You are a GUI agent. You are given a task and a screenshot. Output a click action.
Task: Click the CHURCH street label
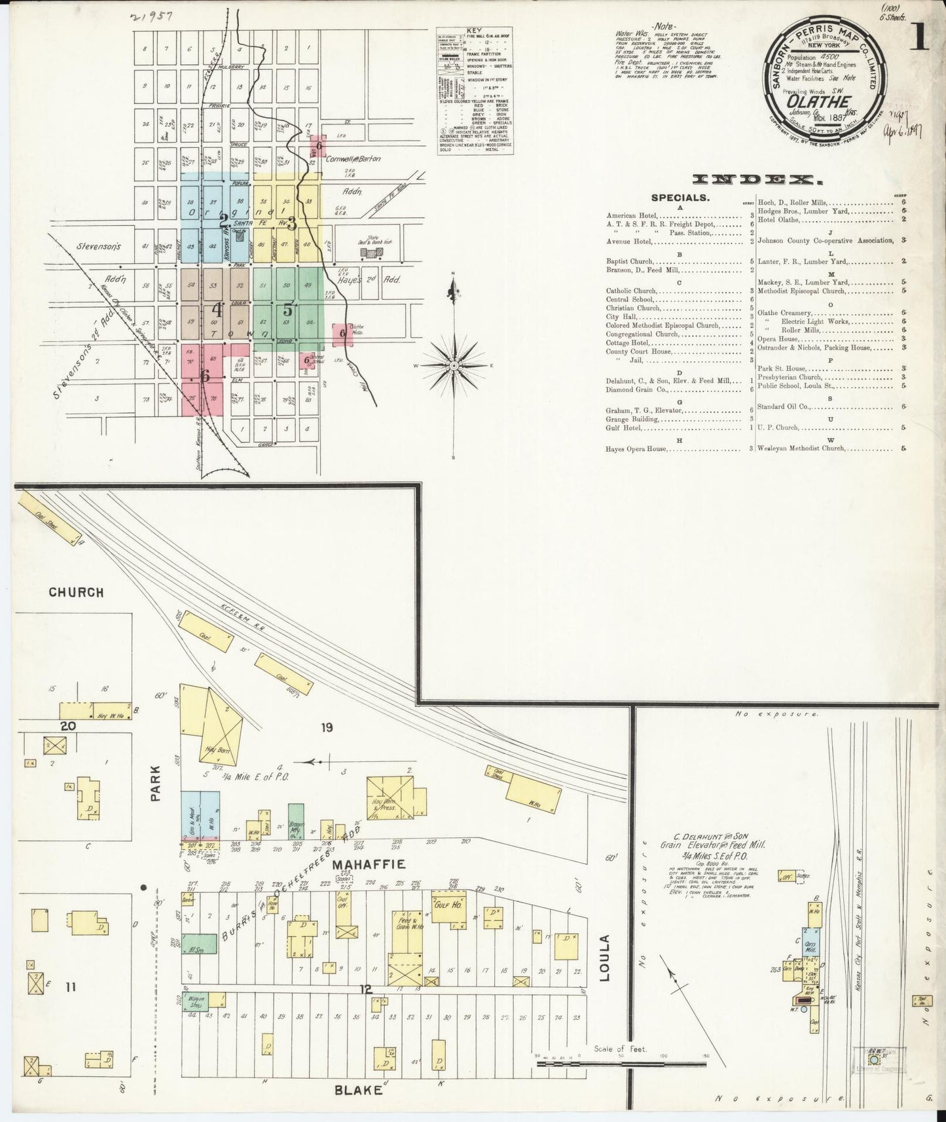pos(77,592)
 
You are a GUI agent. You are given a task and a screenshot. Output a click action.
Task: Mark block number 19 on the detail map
pos(327,727)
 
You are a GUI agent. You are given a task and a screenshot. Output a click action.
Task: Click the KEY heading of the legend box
pos(474,31)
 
